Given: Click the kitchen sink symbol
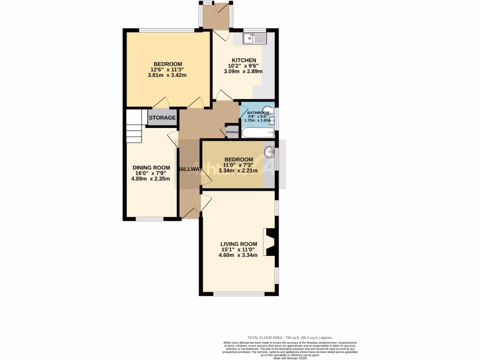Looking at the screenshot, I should point(255,38).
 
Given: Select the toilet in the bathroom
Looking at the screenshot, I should point(268,109).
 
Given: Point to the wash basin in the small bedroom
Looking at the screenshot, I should point(269,152).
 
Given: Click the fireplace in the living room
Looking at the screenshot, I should point(270,241).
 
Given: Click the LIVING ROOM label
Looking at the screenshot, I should point(239,244).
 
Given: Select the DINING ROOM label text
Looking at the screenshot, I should point(151,168).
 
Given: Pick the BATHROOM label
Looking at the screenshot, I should point(258,113).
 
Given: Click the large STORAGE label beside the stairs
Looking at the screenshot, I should point(162,118).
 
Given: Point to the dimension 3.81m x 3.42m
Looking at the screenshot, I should point(167,75).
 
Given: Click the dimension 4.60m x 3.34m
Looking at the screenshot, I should point(239,255).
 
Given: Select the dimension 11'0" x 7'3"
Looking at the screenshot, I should point(239,165).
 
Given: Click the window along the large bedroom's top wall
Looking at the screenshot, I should point(166,30).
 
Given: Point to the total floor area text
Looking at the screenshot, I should point(290,337).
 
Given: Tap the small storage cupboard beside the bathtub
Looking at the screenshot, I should point(232,132).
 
